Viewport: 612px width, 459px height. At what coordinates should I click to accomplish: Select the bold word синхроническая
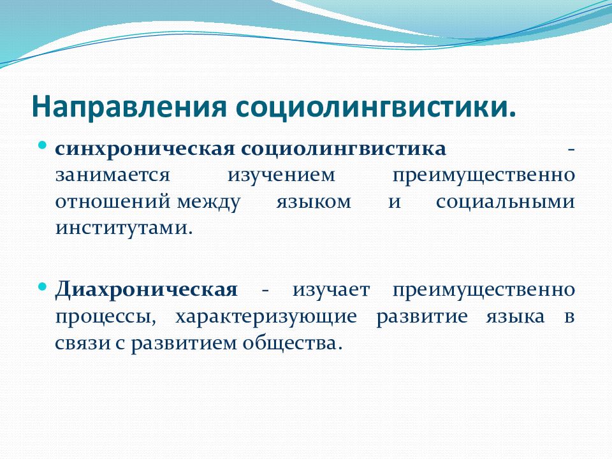tap(145, 149)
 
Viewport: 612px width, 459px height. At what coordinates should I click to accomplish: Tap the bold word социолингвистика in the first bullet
tap(343, 149)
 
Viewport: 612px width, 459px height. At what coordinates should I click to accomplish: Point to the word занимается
tap(113, 175)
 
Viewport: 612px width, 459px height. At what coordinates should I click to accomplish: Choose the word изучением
tap(281, 176)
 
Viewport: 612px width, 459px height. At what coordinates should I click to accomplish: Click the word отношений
tap(113, 202)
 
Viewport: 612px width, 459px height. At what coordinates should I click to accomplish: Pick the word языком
tap(314, 202)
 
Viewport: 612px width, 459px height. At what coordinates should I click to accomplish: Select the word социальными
tap(506, 202)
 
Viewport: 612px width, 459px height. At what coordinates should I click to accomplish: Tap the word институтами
tap(124, 228)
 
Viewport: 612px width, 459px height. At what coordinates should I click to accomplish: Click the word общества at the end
tap(289, 344)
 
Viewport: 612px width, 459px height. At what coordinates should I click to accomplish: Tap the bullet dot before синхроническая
tap(43, 145)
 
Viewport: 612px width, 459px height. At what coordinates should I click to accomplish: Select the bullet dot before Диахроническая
tap(43, 286)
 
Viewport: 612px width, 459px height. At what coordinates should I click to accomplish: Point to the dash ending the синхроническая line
tap(571, 150)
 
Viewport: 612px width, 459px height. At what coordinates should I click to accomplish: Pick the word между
tap(208, 203)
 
